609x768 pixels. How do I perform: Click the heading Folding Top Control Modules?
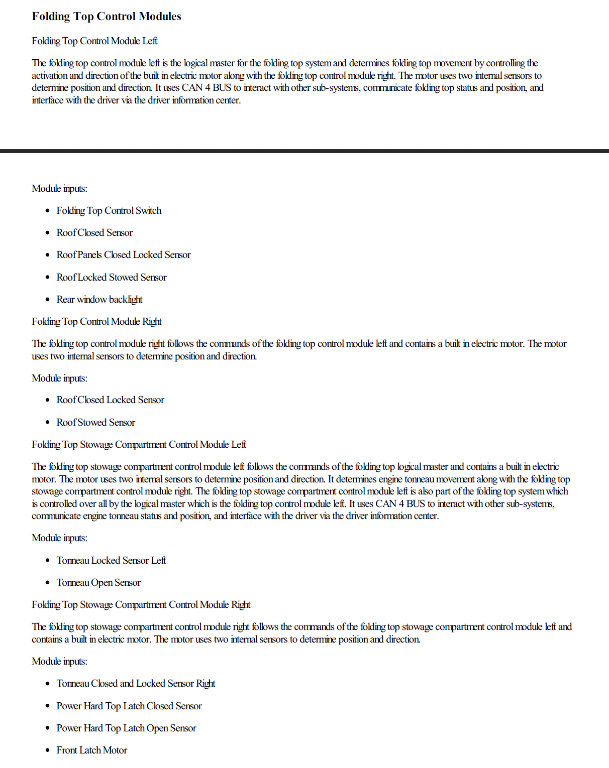click(107, 17)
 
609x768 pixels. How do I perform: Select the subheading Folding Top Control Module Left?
click(94, 41)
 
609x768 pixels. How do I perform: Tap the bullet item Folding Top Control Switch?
click(109, 211)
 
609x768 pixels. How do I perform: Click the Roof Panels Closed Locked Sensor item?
click(124, 255)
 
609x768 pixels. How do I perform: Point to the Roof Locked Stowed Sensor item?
click(112, 278)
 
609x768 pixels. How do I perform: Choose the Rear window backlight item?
click(99, 300)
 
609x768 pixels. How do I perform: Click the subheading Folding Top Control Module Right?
click(96, 322)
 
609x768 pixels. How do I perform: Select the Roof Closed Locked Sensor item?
click(111, 400)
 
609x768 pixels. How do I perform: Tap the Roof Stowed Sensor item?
click(96, 423)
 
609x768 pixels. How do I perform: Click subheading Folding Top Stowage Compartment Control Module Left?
click(139, 445)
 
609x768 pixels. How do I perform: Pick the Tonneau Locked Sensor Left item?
click(111, 561)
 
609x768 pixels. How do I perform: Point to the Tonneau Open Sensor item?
click(98, 583)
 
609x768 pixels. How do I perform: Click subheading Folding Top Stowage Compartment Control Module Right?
click(141, 605)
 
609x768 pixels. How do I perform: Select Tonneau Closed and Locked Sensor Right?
click(136, 684)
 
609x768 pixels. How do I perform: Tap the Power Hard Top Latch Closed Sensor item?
click(129, 706)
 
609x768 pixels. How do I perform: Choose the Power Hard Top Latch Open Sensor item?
click(126, 728)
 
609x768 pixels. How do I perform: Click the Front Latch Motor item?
click(92, 750)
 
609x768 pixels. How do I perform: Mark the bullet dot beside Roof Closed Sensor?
click(48, 233)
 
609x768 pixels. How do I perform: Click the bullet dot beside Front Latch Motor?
click(48, 750)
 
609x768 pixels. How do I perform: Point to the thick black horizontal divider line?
click(304, 151)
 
